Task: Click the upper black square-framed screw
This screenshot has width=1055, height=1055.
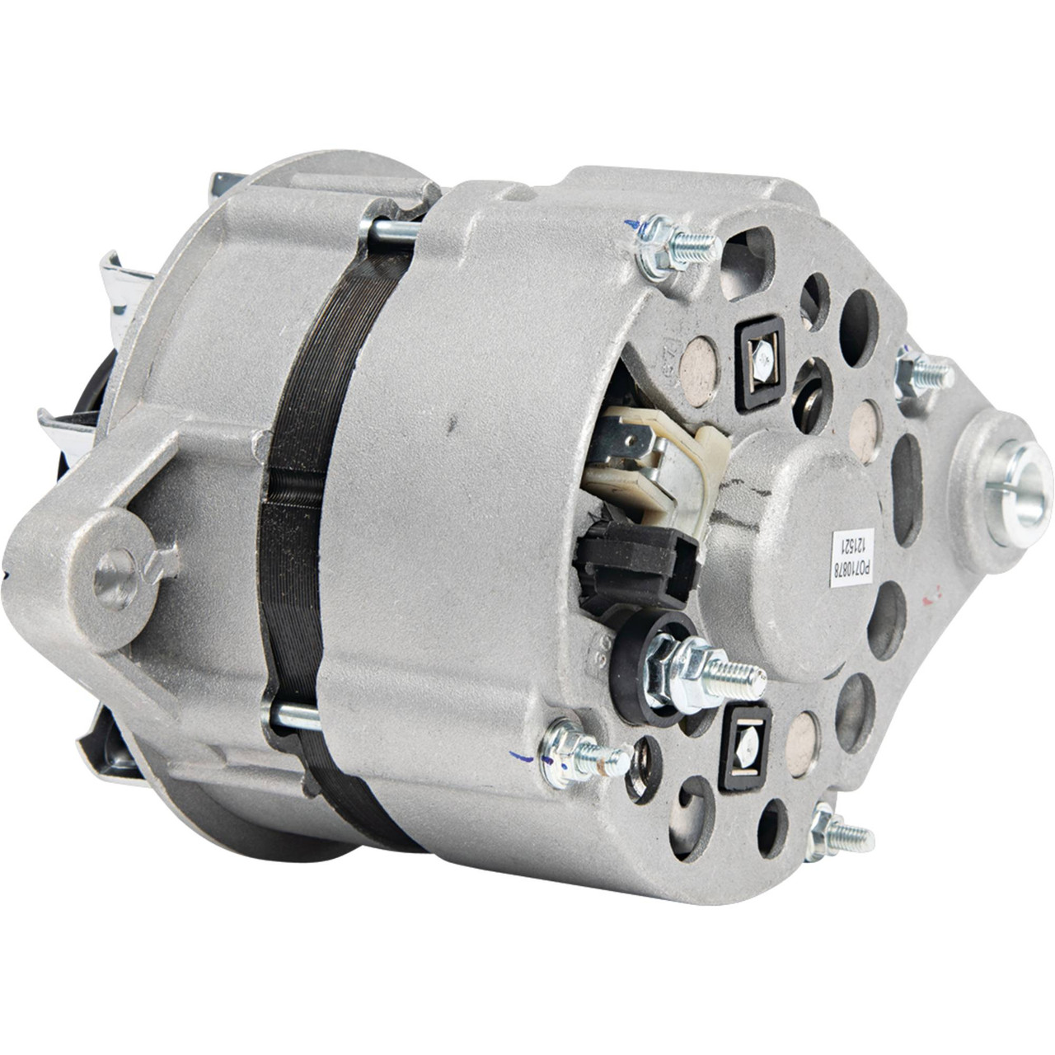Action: point(760,360)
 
